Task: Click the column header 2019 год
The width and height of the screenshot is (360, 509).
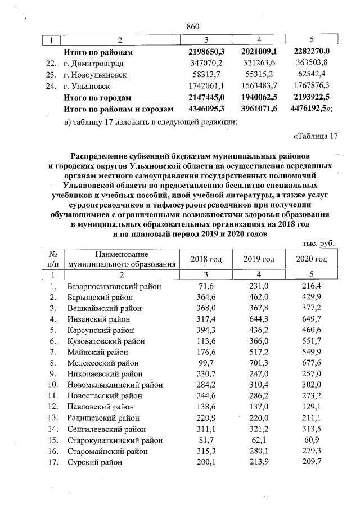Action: pos(259,259)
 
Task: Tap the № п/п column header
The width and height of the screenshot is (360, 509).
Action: pos(54,259)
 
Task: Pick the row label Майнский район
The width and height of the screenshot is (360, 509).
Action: pos(99,352)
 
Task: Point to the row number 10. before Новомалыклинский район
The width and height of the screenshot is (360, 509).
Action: pos(53,385)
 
